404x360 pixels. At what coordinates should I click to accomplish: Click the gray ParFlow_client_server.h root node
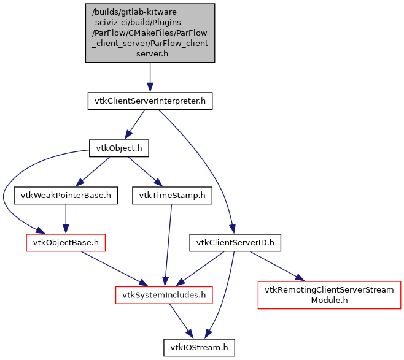[x=150, y=32]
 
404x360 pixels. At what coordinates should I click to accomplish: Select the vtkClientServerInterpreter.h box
[x=150, y=101]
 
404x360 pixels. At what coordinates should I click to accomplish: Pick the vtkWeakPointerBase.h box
[x=66, y=196]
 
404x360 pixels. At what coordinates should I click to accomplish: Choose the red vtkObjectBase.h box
[x=66, y=243]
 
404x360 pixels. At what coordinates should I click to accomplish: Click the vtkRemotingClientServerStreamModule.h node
[x=328, y=295]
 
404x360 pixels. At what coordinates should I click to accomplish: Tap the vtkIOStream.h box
[x=198, y=348]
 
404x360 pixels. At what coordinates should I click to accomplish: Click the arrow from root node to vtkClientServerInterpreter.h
[x=150, y=77]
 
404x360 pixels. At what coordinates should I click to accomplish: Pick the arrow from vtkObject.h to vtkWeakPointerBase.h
[x=93, y=171]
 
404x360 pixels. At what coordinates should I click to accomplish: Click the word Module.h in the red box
[x=328, y=301]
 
